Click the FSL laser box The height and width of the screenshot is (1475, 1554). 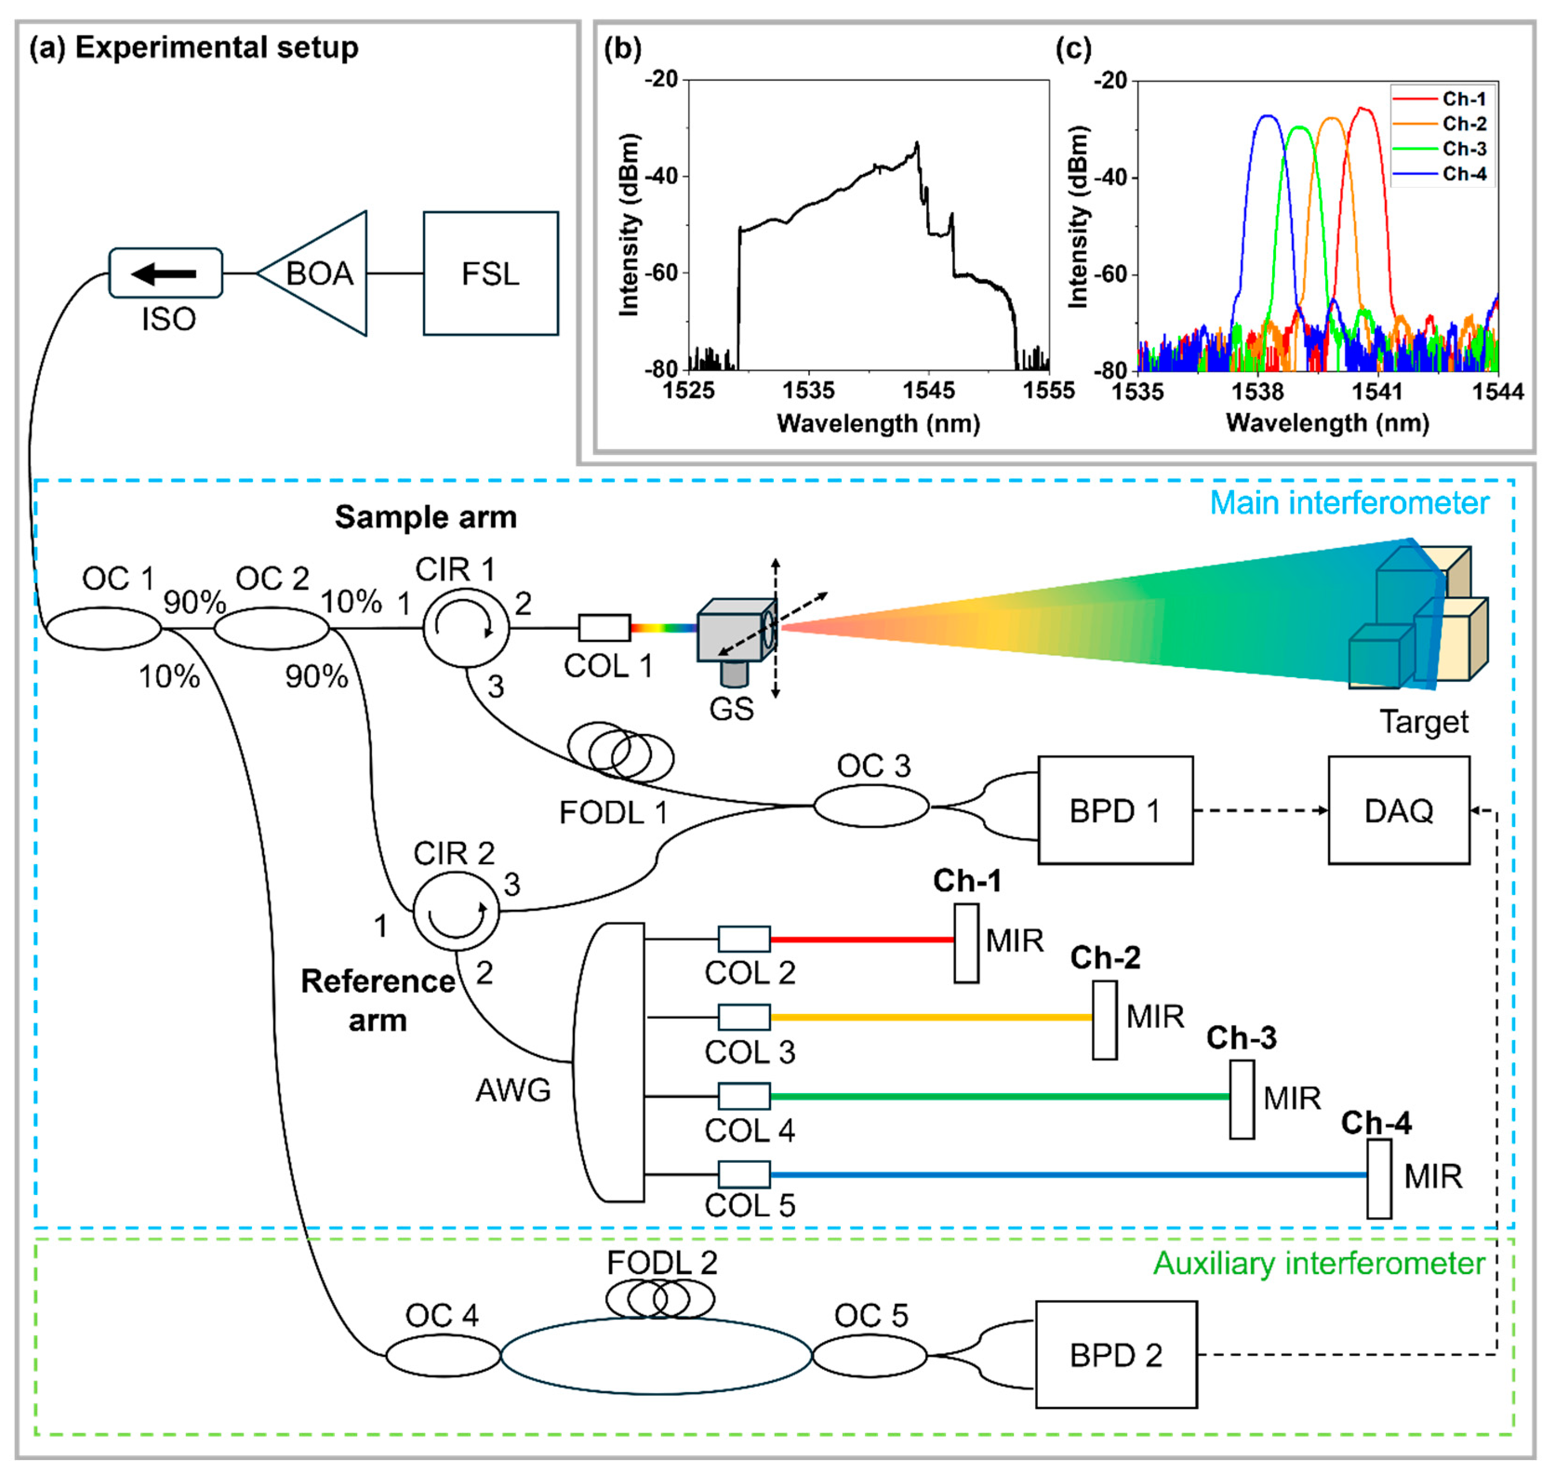point(491,273)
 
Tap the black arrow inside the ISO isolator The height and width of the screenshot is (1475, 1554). point(164,274)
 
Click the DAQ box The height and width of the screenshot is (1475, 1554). point(1398,810)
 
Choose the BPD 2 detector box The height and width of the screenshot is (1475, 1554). point(1116,1354)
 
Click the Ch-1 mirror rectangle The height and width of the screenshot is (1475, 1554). point(966,943)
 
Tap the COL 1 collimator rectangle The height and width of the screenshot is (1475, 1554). point(604,627)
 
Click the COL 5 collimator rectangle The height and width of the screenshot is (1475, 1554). point(744,1174)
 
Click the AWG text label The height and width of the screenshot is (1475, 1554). point(513,1090)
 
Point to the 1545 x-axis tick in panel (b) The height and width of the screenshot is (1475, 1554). point(928,390)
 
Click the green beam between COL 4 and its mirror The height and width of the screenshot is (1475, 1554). point(1000,1096)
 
